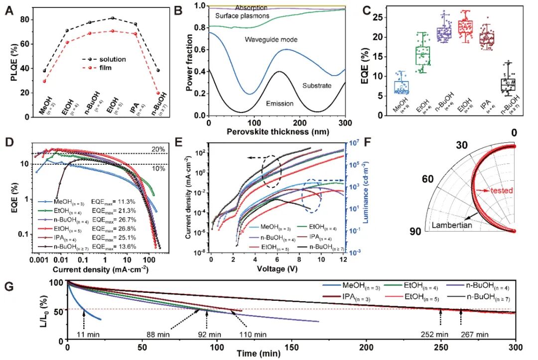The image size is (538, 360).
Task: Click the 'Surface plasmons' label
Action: [x=242, y=16]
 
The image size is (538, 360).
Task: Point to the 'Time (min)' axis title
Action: [x=291, y=355]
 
